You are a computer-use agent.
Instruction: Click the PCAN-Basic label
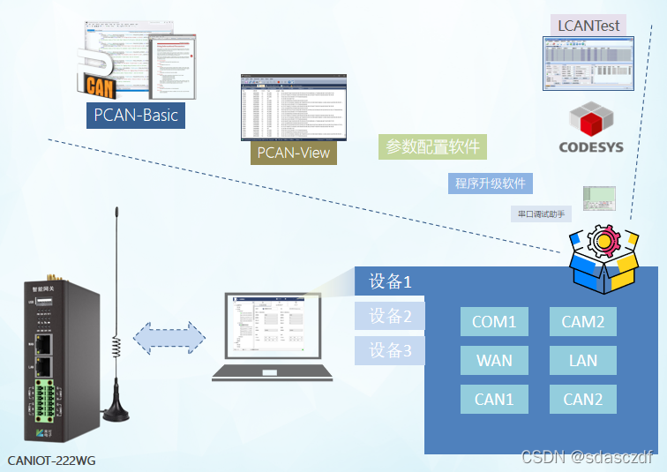pos(136,115)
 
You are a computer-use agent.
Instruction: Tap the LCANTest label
pos(589,26)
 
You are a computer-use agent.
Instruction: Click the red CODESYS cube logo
pos(590,120)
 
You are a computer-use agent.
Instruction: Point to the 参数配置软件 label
pos(433,146)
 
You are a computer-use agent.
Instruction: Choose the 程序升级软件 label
pos(491,184)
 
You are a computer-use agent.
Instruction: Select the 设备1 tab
pos(390,281)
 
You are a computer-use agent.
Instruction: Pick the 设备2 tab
pos(390,316)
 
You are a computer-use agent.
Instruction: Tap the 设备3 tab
pos(390,350)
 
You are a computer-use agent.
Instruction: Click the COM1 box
pos(494,322)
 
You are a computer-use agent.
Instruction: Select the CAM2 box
pos(583,322)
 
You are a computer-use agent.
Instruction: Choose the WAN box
pos(494,360)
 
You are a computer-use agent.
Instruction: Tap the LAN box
pos(583,360)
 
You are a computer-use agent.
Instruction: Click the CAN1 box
pos(494,399)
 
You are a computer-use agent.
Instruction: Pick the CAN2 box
pos(583,399)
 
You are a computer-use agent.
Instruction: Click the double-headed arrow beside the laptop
pos(169,337)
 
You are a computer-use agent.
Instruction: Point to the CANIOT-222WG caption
pos(51,460)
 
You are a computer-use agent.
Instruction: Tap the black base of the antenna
pos(115,406)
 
